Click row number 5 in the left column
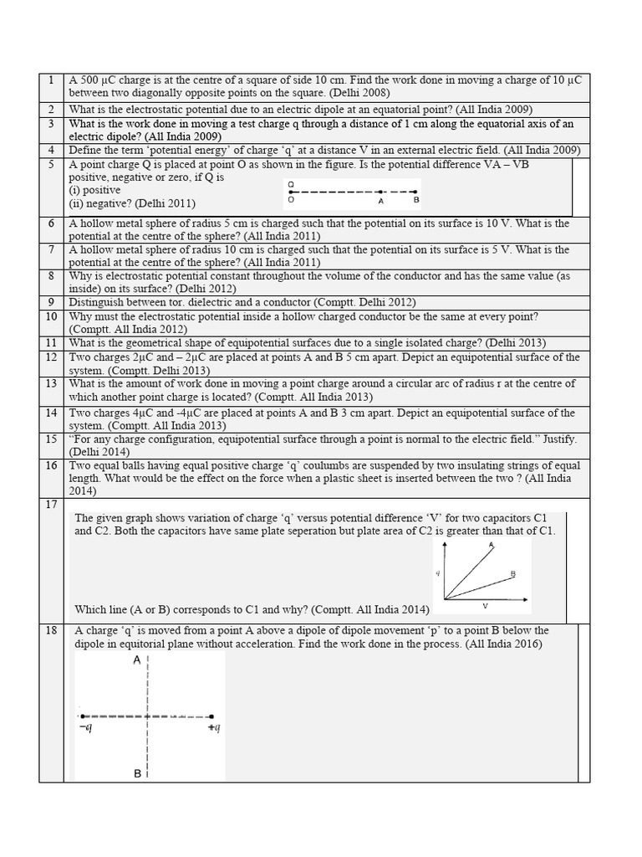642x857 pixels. coord(51,165)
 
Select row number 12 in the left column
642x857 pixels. coord(51,357)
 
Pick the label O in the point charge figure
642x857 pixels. coord(290,200)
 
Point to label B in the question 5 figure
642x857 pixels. coord(416,200)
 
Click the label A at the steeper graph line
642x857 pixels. coord(491,545)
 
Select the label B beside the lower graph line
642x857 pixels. coord(512,574)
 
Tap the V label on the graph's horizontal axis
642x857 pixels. coord(485,605)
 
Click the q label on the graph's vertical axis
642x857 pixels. coord(437,573)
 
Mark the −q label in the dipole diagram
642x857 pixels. coord(84,729)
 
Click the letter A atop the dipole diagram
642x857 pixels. coord(136,661)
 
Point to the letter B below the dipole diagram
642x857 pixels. coord(137,774)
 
